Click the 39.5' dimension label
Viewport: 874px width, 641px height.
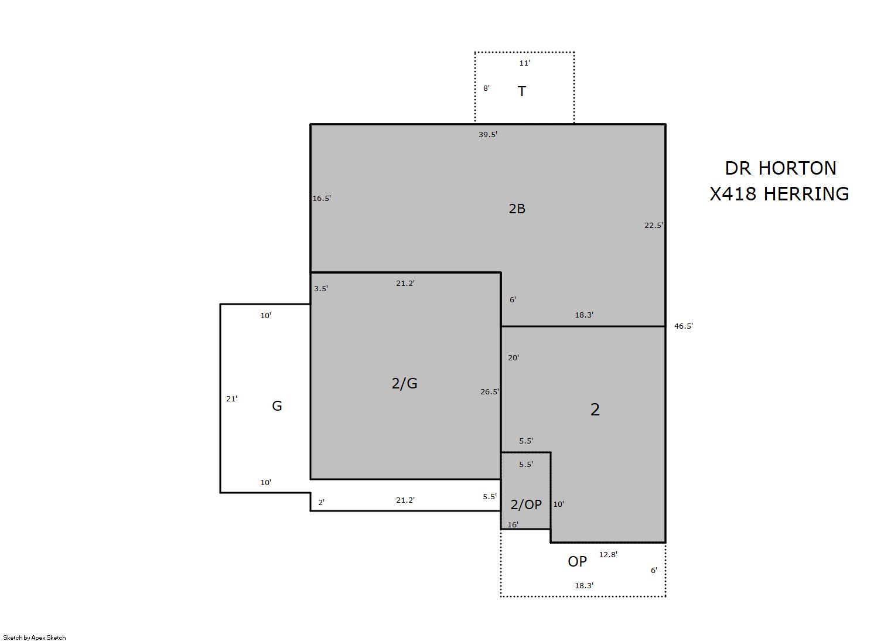(x=488, y=134)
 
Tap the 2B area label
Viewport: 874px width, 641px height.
(x=517, y=209)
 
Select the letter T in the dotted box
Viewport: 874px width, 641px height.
(x=522, y=91)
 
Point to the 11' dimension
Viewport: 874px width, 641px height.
(x=524, y=63)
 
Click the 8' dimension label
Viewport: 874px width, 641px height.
(x=486, y=88)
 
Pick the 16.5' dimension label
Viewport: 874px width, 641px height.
(x=322, y=198)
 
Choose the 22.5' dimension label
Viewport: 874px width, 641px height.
(x=654, y=225)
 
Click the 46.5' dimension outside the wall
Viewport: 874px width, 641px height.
(x=684, y=326)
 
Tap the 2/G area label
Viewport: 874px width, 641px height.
(x=405, y=383)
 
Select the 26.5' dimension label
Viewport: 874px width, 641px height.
(x=490, y=391)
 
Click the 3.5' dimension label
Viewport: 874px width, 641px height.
(x=321, y=288)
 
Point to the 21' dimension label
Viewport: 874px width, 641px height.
(x=232, y=398)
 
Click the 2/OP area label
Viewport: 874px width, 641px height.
(x=526, y=504)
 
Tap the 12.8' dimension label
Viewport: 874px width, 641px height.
(x=608, y=554)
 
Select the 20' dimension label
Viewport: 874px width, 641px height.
(x=514, y=357)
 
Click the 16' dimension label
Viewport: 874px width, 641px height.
(x=513, y=524)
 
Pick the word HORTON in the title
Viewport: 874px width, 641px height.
(x=797, y=169)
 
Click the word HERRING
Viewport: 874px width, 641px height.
(x=806, y=194)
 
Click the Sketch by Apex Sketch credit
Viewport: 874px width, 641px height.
(x=35, y=637)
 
